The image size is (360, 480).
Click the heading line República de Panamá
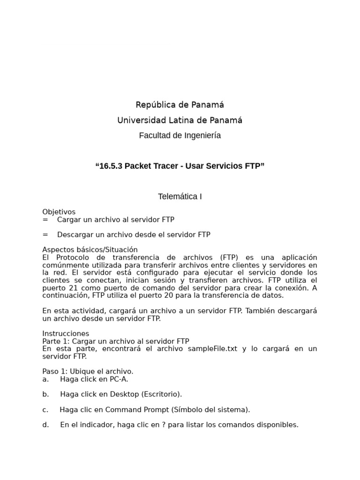tap(180, 105)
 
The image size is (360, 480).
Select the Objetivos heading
tap(59, 212)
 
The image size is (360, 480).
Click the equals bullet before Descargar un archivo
tap(45, 235)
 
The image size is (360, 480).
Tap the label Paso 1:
tap(54, 372)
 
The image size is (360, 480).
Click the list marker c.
tap(45, 410)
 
